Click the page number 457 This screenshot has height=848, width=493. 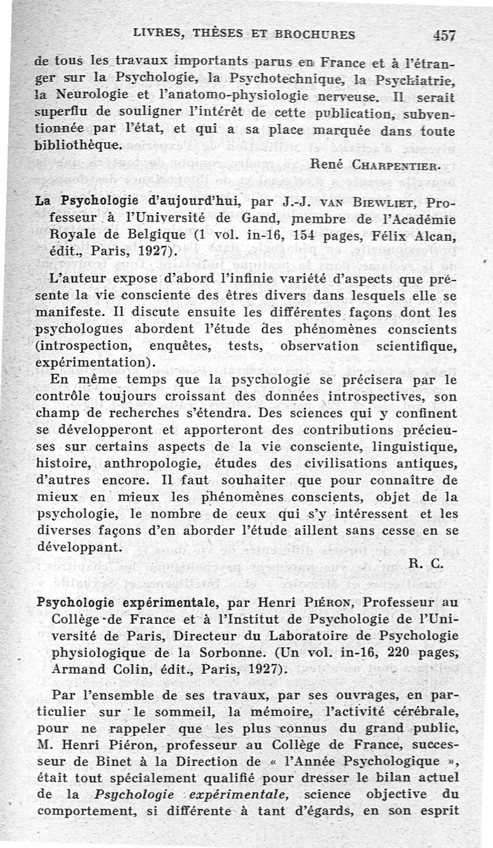444,35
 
